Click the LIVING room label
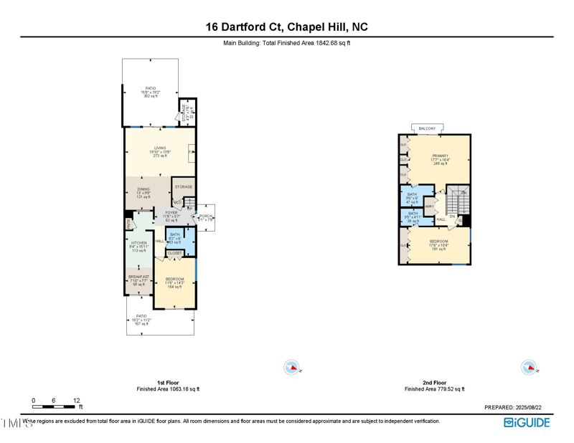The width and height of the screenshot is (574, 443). click(159, 148)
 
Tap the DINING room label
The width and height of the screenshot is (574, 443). click(143, 189)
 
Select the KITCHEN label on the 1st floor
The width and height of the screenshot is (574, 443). click(138, 243)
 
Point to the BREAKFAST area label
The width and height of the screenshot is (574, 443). click(138, 277)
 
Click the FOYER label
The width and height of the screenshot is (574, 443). click(171, 212)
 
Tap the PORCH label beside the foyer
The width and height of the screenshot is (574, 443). click(206, 216)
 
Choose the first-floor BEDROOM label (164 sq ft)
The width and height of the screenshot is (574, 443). click(175, 279)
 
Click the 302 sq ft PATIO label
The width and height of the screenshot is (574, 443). click(151, 88)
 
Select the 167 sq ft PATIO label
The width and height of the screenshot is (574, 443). click(141, 316)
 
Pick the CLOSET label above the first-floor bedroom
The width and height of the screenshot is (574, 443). click(174, 253)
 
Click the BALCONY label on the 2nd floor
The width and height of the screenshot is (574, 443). click(427, 128)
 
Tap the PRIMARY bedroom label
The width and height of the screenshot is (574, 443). click(440, 156)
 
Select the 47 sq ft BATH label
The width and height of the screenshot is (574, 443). click(412, 195)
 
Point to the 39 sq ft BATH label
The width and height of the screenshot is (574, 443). click(413, 214)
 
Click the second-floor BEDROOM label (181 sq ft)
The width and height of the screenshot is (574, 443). click(438, 242)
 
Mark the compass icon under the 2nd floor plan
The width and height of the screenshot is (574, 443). click(528, 368)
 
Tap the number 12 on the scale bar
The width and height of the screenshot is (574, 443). click(76, 400)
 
